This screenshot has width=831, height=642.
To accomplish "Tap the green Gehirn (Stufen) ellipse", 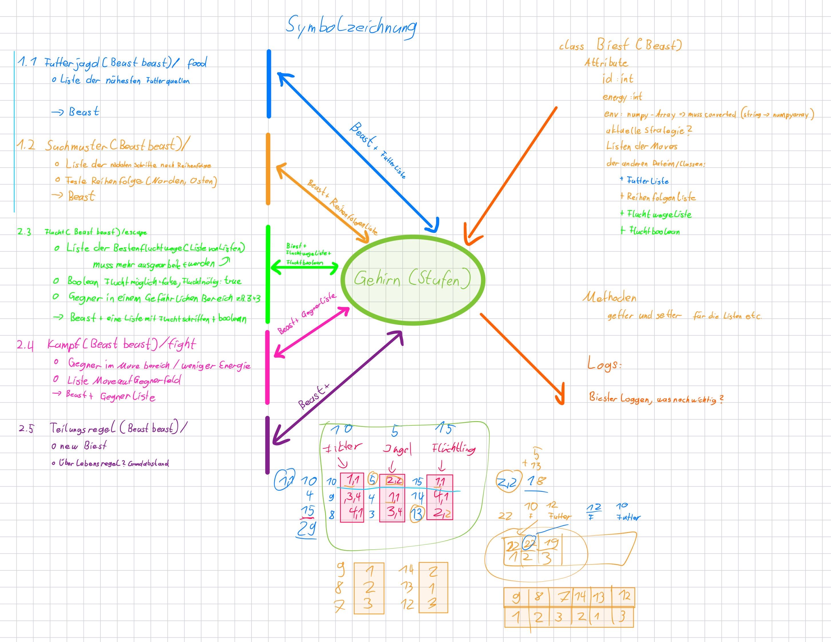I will [412, 280].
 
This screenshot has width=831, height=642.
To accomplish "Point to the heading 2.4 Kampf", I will [106, 344].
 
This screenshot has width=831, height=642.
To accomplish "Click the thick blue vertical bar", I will [269, 84].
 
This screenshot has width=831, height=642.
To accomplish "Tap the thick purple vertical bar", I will [268, 445].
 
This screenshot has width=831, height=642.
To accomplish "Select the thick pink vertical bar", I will [268, 367].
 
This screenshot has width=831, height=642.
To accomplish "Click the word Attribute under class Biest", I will [606, 63].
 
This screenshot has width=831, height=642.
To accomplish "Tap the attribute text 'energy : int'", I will [622, 97].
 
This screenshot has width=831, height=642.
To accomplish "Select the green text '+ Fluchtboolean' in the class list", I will [650, 231].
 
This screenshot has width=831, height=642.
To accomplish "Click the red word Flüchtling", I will [454, 449].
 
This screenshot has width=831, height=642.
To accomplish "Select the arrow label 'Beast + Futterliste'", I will [378, 150].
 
